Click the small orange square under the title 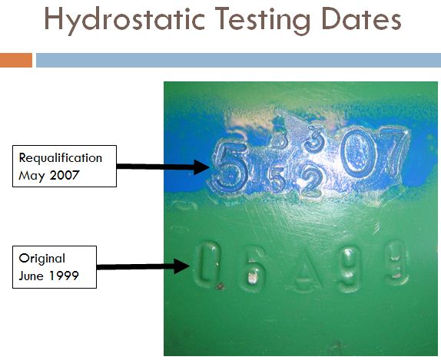pyautogui.click(x=16, y=60)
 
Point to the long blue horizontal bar pyautogui.click(x=238, y=60)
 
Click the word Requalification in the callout pyautogui.click(x=61, y=158)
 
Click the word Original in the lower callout pyautogui.click(x=43, y=259)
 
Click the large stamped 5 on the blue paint pyautogui.click(x=228, y=165)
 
